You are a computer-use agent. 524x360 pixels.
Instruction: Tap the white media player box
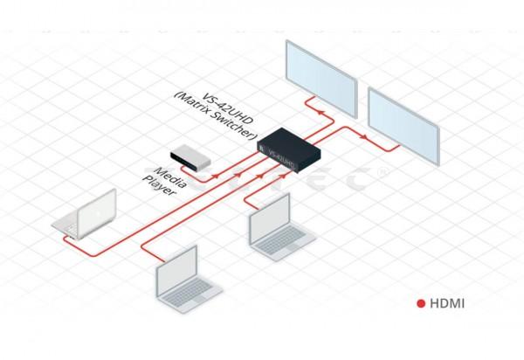click(x=190, y=155)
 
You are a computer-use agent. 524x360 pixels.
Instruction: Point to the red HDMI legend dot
click(x=420, y=305)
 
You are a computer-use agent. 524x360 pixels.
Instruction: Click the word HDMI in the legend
click(x=445, y=305)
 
